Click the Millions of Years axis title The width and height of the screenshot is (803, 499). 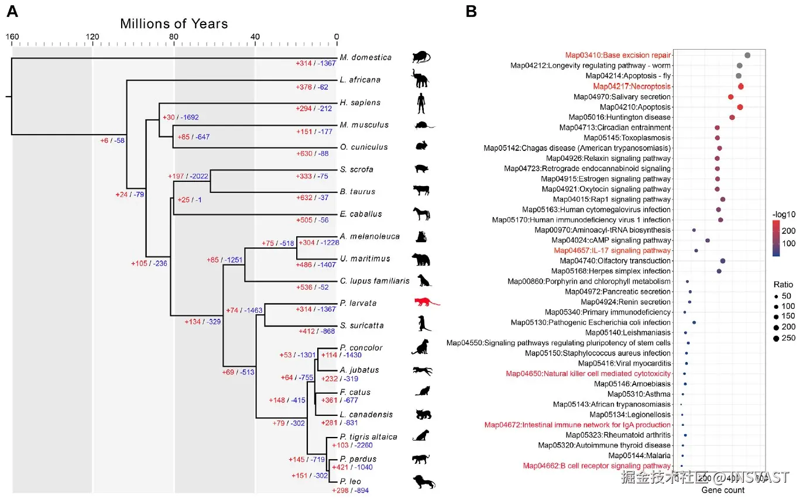click(x=174, y=24)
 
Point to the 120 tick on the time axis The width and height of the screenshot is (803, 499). click(x=92, y=37)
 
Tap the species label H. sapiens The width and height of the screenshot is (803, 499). click(x=361, y=102)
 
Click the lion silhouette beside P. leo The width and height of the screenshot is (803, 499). click(x=423, y=481)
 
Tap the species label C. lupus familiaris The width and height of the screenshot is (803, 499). click(x=375, y=281)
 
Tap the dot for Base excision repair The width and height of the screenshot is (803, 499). click(x=747, y=55)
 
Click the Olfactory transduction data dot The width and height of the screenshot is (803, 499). click(x=723, y=261)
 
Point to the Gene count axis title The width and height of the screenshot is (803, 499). click(x=723, y=490)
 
